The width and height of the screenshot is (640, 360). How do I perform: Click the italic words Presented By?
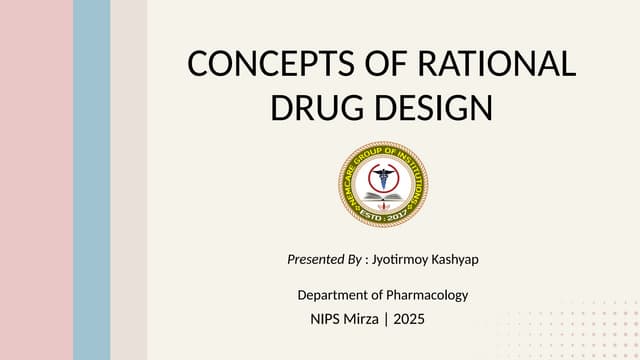[324, 260]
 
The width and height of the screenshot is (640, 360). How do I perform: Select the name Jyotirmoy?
[400, 260]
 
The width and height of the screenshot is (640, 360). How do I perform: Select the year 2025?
[409, 320]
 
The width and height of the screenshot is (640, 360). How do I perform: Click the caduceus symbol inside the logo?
[382, 178]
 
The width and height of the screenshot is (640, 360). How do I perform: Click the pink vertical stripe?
[36, 180]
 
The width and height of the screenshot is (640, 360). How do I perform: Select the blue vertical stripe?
[92, 180]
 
